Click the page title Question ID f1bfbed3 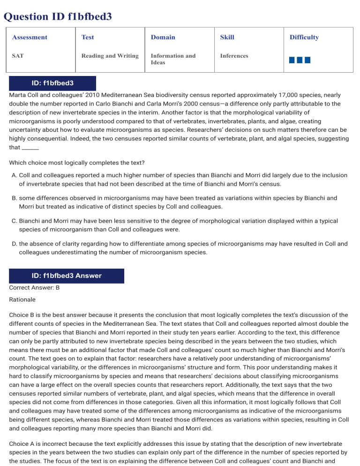58,17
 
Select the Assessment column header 30,38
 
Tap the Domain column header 163,38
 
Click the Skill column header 227,38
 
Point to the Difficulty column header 304,38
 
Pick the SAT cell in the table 18,56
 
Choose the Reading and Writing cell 110,56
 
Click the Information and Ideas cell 173,59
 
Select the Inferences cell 234,56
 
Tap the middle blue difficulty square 300,60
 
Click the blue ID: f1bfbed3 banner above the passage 52,83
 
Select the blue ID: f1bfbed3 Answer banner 67,276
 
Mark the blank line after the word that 30,148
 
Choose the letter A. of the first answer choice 14,175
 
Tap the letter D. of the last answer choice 14,243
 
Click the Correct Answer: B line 34,287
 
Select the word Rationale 22,299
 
